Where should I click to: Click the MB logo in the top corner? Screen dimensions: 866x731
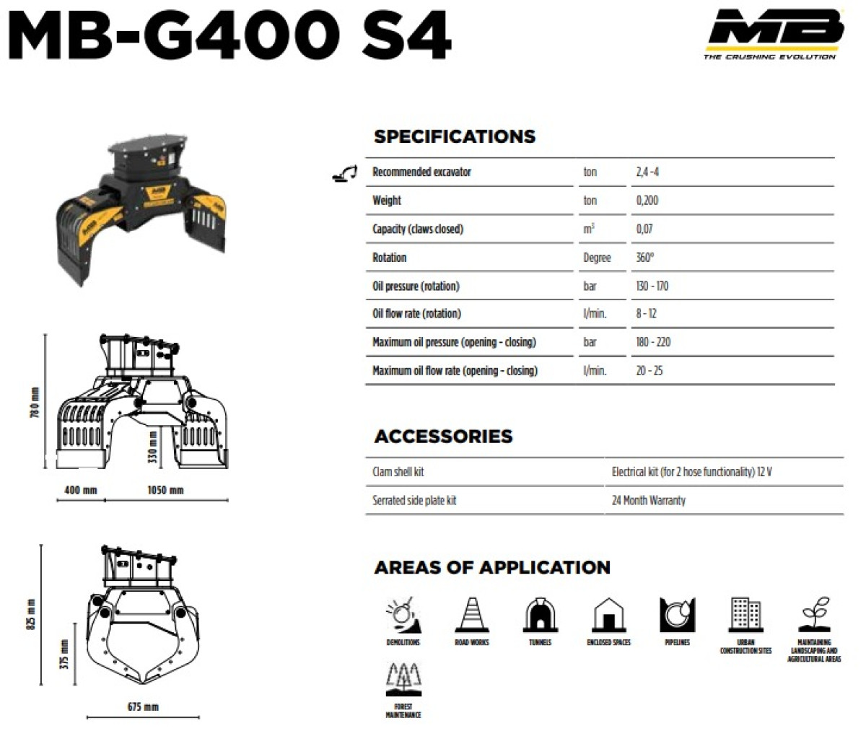tap(774, 34)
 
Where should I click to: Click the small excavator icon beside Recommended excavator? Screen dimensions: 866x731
tap(344, 173)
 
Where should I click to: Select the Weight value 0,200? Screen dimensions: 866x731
tap(647, 201)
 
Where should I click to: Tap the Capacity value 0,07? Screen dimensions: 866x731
tap(644, 229)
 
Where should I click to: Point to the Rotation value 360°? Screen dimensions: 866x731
tap(645, 257)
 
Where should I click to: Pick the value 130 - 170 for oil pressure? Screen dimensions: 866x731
tap(652, 286)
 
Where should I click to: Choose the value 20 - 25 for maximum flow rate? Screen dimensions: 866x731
tap(649, 370)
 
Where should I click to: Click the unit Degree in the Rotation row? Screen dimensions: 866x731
tap(597, 258)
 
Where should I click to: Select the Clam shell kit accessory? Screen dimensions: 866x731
tap(398, 472)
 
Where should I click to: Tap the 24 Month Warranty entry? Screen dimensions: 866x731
tap(649, 500)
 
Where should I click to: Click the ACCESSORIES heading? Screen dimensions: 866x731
tap(443, 437)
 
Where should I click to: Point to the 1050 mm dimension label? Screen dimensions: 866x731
tap(165, 490)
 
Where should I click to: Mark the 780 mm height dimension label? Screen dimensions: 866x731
tap(35, 403)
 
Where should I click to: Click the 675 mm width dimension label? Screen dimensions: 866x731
tap(143, 706)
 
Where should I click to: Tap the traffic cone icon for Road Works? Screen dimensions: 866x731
tap(472, 615)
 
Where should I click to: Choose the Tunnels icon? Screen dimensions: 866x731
tap(540, 615)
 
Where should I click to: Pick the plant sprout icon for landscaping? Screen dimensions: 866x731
tap(814, 615)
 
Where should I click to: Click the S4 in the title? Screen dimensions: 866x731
tap(406, 35)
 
